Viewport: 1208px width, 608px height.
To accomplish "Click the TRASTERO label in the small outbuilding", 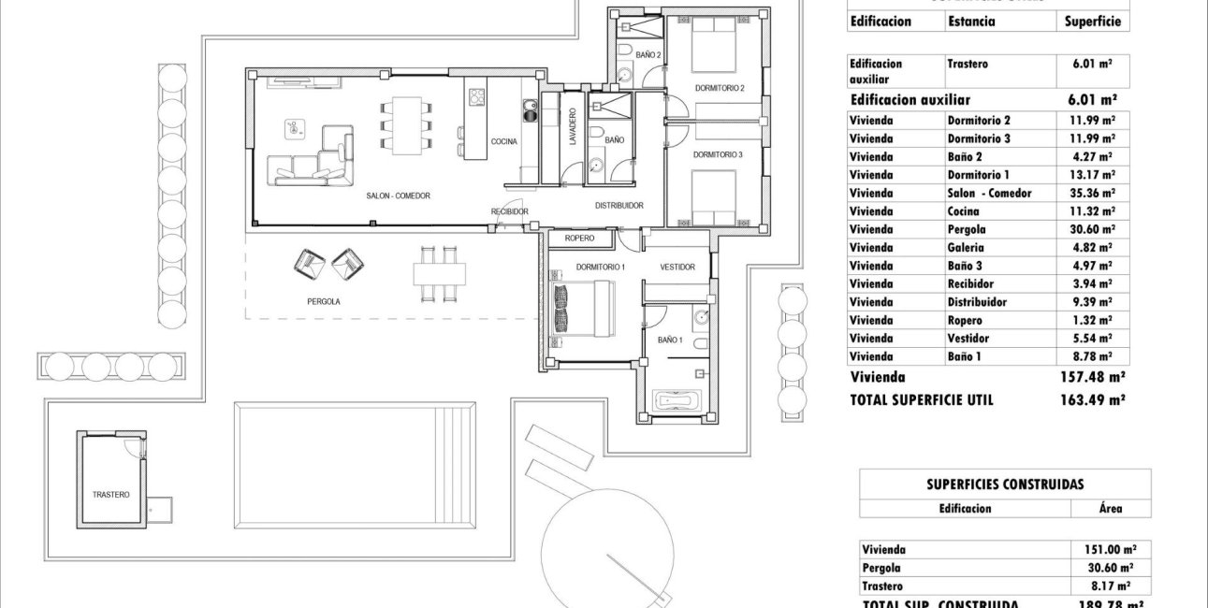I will tap(110, 494).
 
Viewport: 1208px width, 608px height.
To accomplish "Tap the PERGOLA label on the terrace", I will tap(324, 302).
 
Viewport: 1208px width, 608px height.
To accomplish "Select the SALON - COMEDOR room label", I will tap(398, 195).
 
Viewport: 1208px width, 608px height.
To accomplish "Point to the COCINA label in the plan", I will tap(503, 141).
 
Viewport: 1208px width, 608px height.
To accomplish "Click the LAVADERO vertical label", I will tap(573, 126).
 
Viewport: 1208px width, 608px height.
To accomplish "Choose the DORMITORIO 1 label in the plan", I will tap(601, 268).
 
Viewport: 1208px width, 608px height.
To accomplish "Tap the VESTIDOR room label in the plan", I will tap(677, 268).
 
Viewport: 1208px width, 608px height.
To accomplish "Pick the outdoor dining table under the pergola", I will tap(439, 273).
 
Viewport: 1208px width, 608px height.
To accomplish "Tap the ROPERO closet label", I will tap(579, 239).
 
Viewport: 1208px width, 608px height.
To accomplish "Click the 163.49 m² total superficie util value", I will tap(1091, 399).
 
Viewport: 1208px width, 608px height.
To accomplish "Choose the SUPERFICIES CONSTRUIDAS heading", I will tap(1005, 485).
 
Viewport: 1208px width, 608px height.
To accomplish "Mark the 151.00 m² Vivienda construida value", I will tap(1103, 550).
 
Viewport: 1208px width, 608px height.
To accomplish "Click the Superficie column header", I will tap(1092, 22).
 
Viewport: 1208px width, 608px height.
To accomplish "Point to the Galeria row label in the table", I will tap(966, 248).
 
